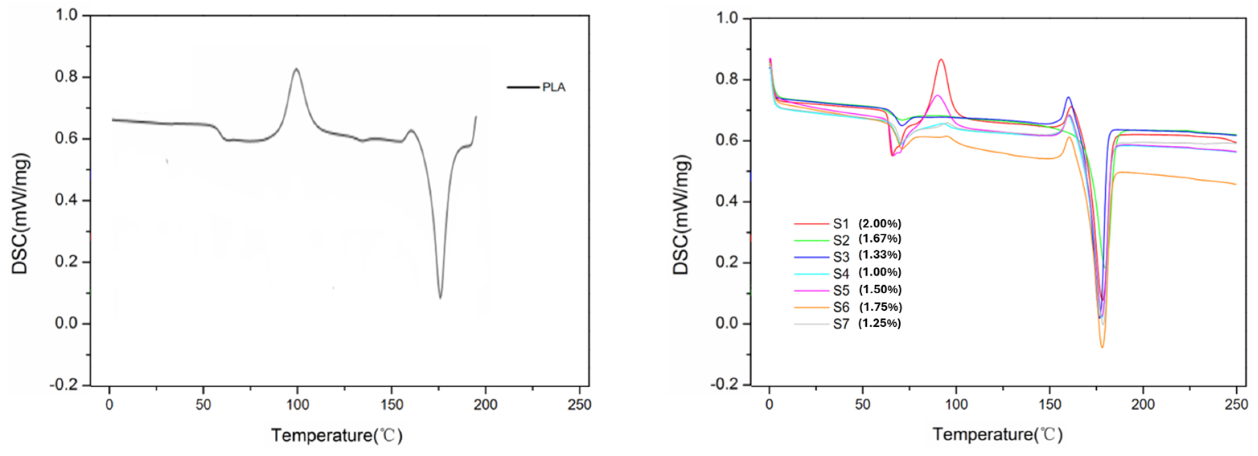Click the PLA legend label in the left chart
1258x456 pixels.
click(554, 87)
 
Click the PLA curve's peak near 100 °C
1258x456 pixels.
click(296, 69)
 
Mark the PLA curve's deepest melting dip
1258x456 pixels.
click(440, 297)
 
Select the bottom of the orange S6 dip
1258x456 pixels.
click(1102, 347)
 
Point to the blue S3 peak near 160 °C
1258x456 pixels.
click(1069, 98)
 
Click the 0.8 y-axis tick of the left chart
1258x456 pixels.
click(66, 77)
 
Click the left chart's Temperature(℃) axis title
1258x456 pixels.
click(337, 435)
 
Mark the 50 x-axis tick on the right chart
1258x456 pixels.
click(862, 404)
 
